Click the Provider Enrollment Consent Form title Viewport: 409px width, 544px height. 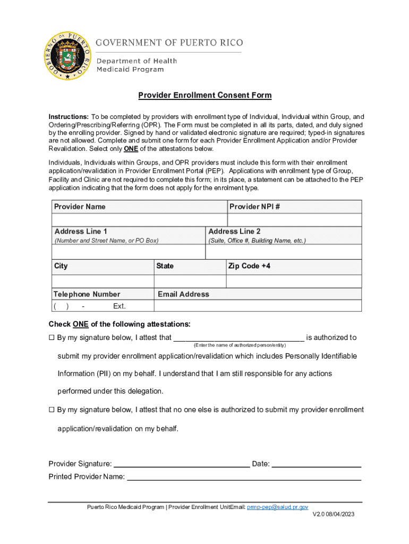point(204,96)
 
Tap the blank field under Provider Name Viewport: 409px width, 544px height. point(139,220)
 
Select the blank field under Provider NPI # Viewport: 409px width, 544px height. point(295,220)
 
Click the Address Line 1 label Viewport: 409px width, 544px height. point(81,232)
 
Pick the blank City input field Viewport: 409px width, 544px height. point(103,281)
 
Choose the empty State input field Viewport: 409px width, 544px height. point(190,281)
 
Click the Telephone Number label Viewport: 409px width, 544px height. point(87,294)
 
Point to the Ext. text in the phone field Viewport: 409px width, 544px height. point(120,307)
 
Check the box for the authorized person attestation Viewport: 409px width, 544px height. point(52,338)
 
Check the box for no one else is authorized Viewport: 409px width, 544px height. point(52,410)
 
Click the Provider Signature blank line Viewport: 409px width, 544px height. point(182,464)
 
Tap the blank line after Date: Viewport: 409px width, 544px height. point(317,464)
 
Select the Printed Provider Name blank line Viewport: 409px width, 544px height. point(244,477)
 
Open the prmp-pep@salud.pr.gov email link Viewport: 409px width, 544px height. point(277,508)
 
